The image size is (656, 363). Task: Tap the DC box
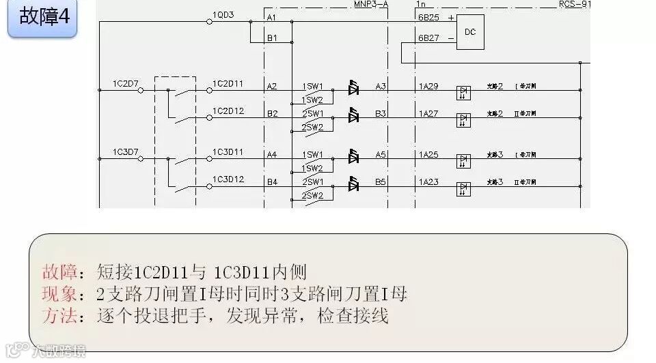pos(469,32)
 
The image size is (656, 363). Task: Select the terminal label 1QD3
pos(223,14)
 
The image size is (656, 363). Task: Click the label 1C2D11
pos(228,83)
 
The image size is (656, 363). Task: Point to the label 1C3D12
pos(228,179)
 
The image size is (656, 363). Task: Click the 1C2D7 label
pos(126,83)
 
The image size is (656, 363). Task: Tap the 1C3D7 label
pos(126,151)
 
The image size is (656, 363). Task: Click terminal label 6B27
pos(428,38)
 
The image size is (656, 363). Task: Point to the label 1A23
pos(428,182)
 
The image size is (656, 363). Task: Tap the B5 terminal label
pos(381,182)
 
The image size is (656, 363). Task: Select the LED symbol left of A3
pos(353,89)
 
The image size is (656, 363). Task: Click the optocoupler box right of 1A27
pos(463,119)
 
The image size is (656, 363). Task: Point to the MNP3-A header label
pos(371,3)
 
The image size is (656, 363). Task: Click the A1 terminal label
pos(272,16)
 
